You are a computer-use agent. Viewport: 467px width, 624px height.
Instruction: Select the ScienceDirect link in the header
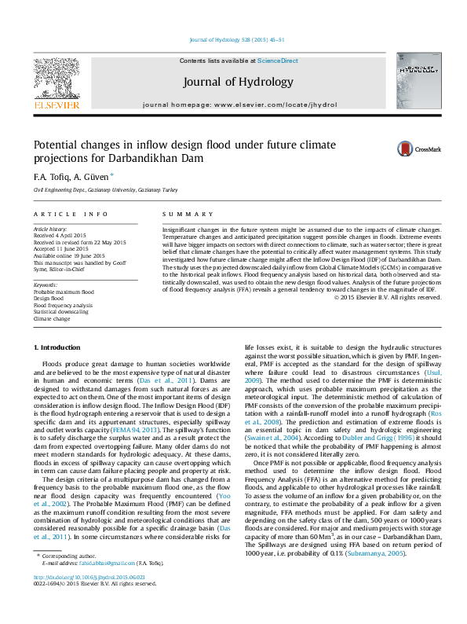[x=277, y=61]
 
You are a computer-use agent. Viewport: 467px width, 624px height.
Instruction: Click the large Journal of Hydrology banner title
[x=238, y=82]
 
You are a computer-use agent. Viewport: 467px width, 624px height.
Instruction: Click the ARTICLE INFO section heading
[x=71, y=214]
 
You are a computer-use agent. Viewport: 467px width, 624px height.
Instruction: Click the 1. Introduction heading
[x=57, y=347]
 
